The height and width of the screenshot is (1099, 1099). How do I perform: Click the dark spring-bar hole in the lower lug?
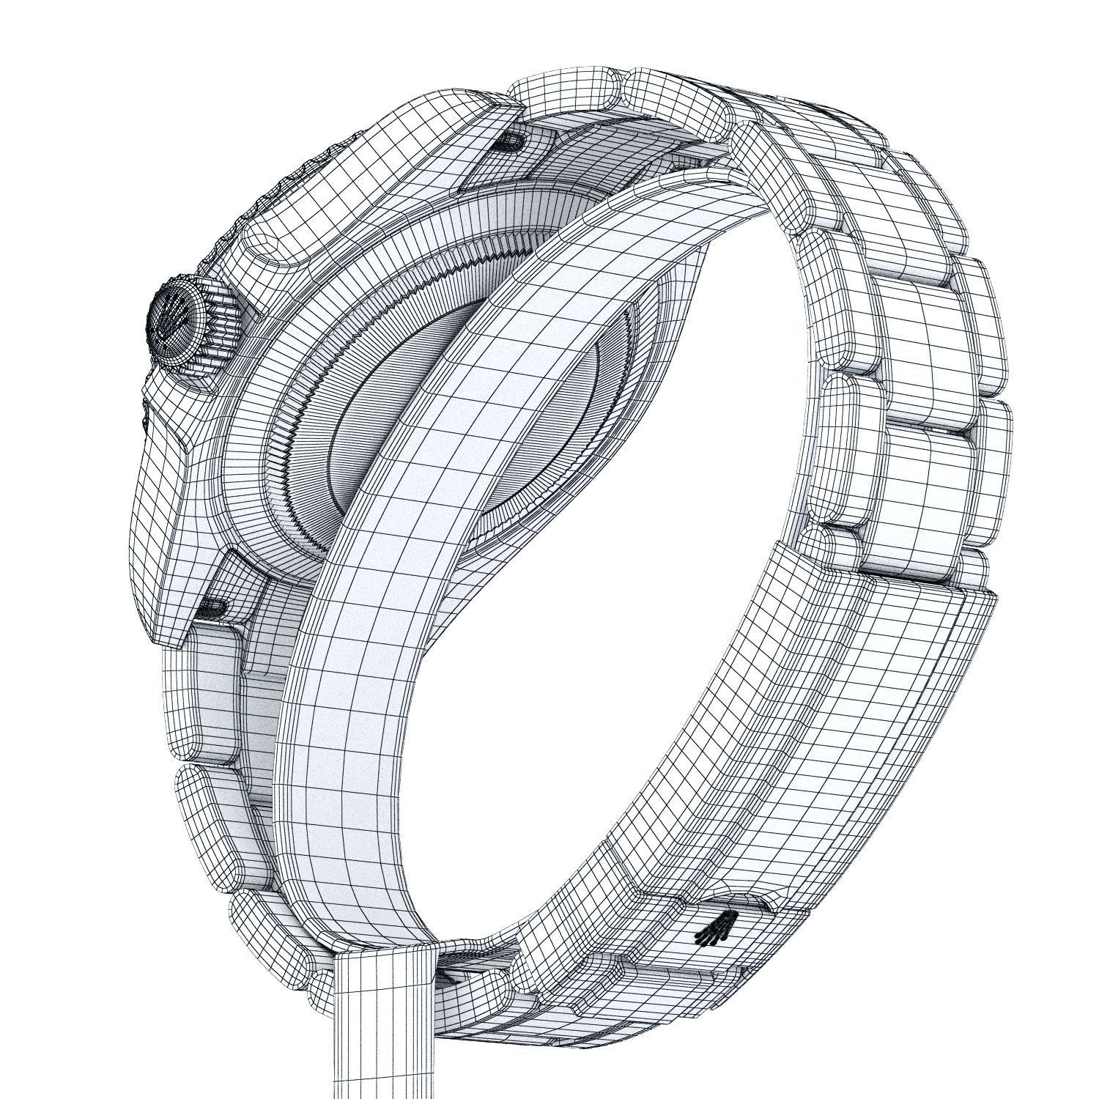point(212,605)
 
